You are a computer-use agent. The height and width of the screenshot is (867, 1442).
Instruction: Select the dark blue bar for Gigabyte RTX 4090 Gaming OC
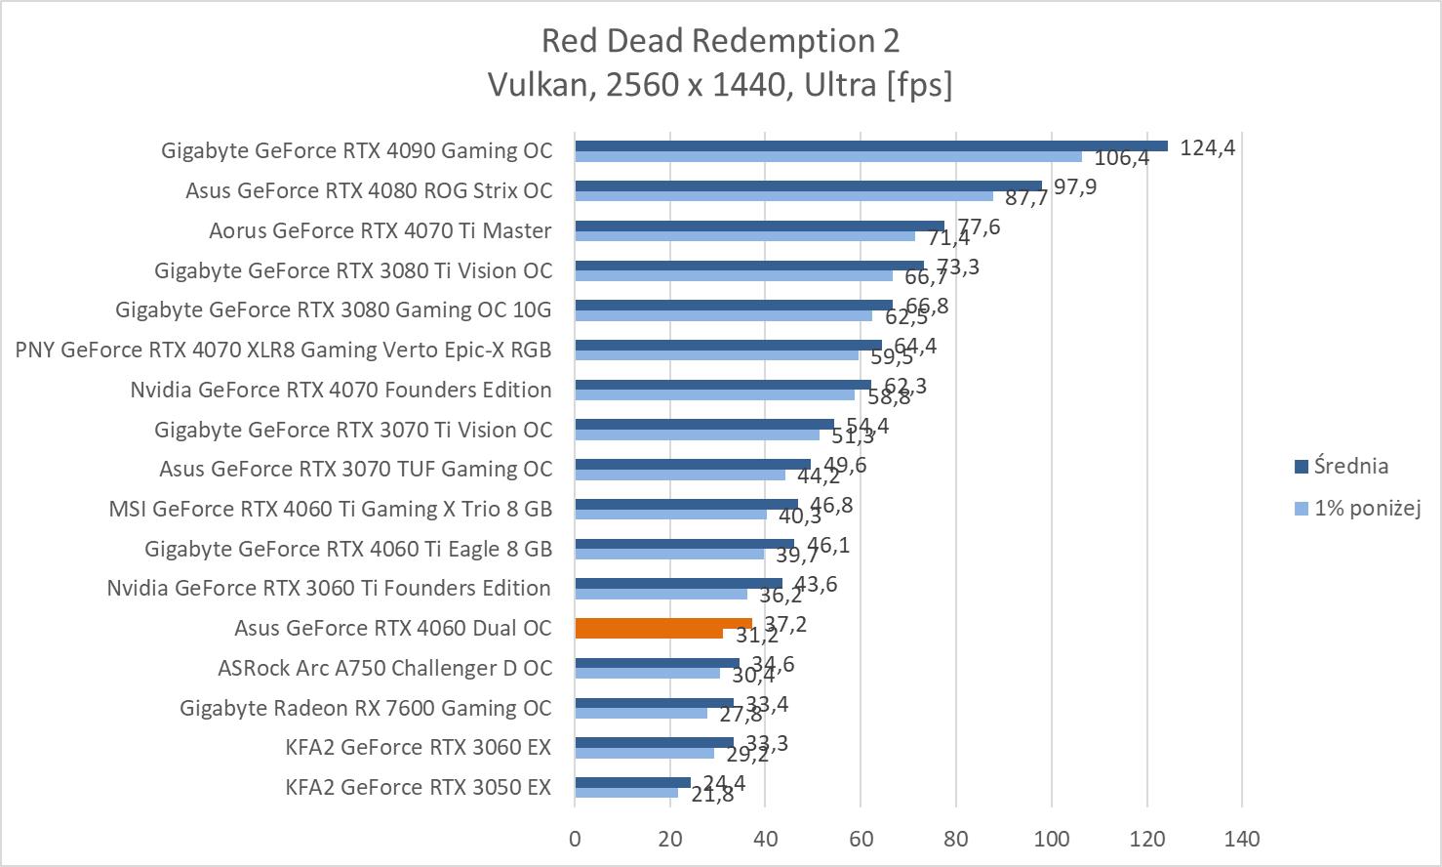click(870, 145)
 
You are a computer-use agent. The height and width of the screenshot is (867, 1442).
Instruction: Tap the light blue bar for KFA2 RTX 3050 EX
click(625, 793)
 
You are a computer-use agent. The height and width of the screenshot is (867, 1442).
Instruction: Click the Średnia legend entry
click(1350, 467)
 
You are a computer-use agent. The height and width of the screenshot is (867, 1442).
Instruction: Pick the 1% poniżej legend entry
click(1366, 508)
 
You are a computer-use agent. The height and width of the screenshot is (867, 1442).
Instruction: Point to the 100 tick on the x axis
click(1052, 838)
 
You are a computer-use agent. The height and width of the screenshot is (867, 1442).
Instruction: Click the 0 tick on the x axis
click(575, 838)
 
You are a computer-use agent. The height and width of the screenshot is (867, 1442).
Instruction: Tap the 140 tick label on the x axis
click(1242, 838)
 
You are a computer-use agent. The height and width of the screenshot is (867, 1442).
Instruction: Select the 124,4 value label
click(1207, 148)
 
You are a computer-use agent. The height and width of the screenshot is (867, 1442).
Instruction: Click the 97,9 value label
click(1074, 186)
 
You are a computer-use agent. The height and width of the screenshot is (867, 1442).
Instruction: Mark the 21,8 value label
click(712, 796)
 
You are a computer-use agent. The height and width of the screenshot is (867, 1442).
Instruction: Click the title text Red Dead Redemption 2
click(720, 41)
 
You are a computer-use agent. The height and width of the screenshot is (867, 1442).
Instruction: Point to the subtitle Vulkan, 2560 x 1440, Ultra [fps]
click(720, 86)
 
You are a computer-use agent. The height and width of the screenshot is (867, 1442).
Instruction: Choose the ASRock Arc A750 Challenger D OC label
click(384, 668)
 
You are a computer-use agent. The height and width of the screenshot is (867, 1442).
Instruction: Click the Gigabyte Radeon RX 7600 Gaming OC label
click(366, 708)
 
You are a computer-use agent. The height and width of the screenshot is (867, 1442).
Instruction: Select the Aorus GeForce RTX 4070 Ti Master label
click(381, 230)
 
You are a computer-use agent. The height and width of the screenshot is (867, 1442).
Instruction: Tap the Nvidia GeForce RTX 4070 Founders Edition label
click(340, 390)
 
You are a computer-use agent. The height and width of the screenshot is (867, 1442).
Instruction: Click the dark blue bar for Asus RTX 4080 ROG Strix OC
click(808, 186)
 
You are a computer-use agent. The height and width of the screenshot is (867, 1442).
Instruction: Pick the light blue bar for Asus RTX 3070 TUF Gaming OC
click(680, 475)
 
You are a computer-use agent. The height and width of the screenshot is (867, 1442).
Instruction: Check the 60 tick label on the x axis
click(861, 838)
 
